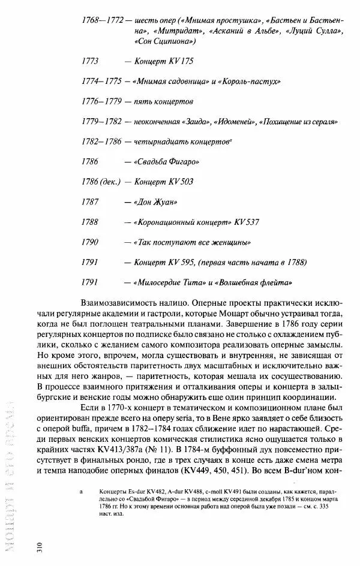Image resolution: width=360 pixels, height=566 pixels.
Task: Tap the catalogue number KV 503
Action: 182,182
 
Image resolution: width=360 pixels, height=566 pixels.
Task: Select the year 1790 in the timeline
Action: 90,242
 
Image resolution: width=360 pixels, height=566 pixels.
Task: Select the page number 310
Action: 39,547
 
